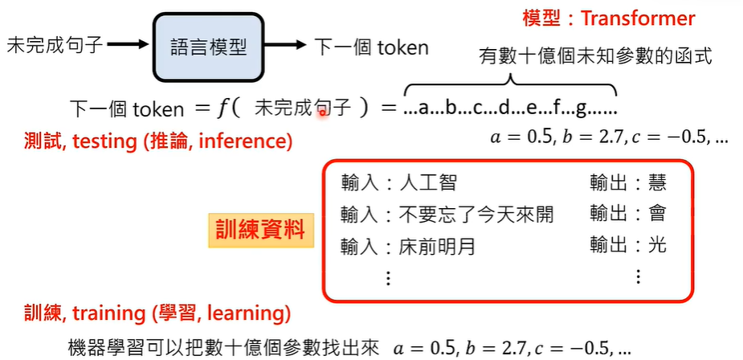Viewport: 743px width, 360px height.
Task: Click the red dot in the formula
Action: point(323,114)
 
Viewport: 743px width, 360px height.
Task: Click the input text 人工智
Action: point(428,183)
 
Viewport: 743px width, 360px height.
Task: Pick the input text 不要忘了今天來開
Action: point(476,214)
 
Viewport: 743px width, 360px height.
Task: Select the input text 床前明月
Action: point(438,246)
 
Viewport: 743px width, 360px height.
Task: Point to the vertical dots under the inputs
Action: point(388,277)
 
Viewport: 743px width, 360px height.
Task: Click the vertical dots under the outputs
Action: point(638,277)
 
